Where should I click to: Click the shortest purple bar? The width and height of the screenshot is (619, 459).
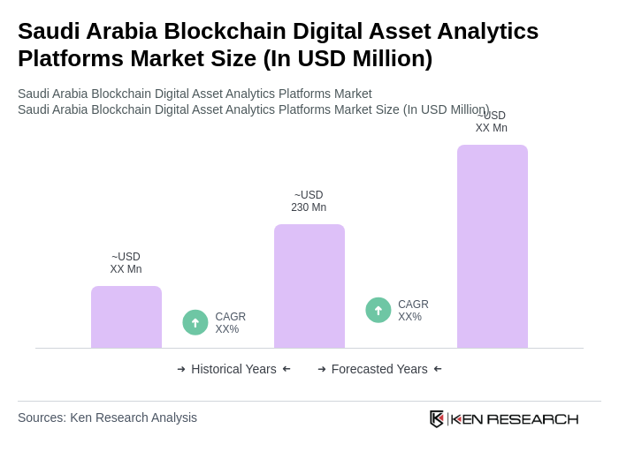tap(126, 317)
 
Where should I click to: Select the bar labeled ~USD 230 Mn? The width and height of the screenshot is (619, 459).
tap(309, 286)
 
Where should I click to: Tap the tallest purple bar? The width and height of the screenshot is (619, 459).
tap(492, 246)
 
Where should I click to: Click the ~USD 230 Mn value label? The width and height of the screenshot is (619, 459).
tap(309, 201)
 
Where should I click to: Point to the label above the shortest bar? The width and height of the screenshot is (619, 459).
tap(126, 263)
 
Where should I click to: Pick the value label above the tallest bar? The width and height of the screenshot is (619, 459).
tap(491, 123)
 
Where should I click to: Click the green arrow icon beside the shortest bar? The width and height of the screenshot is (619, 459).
tap(195, 322)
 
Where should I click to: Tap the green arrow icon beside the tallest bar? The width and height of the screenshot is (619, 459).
tap(378, 310)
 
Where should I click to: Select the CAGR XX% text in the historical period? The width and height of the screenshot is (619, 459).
tap(230, 323)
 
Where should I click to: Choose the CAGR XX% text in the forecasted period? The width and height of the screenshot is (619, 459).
tap(413, 311)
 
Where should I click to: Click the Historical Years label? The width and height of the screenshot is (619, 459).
tap(233, 369)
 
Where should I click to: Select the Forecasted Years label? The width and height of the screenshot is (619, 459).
tap(379, 369)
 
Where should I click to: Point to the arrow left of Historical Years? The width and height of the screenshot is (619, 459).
tap(181, 369)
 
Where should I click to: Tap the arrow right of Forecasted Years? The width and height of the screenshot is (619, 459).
tap(438, 369)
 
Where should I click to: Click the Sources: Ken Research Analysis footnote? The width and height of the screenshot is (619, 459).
tap(107, 418)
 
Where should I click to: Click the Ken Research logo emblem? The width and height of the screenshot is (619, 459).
tap(437, 418)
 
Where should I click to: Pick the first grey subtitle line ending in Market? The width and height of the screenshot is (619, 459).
tap(195, 94)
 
